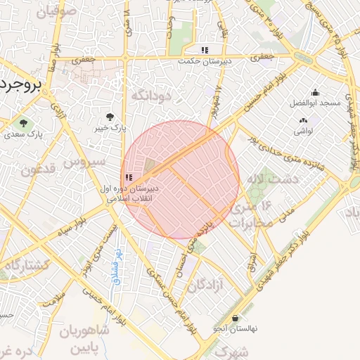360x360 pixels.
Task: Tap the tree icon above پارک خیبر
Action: coord(109,117)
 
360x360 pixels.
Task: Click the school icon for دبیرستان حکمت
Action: coord(204,50)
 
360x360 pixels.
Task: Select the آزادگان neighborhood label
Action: coord(206,285)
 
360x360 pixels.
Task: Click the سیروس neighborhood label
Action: coord(84,162)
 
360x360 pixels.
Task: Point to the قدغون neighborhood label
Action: coord(37,169)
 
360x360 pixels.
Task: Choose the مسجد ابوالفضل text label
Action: coord(319,103)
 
